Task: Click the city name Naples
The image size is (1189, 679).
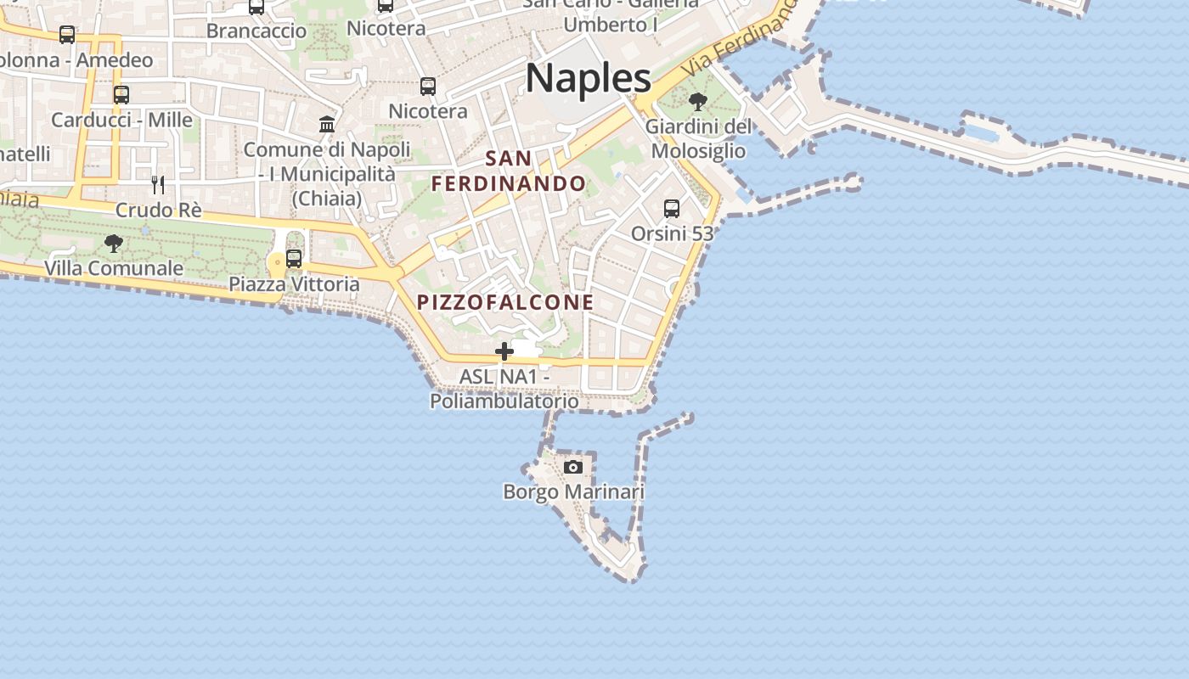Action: pyautogui.click(x=588, y=78)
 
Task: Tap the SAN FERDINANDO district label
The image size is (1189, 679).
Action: pyautogui.click(x=509, y=171)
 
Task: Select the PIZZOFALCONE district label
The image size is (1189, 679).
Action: pyautogui.click(x=505, y=302)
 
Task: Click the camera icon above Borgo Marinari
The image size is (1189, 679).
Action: pyautogui.click(x=573, y=467)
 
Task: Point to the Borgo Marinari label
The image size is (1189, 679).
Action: pyautogui.click(x=573, y=491)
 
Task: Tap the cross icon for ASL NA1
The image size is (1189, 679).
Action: pyautogui.click(x=504, y=351)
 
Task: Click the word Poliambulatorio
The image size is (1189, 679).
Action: pyautogui.click(x=504, y=401)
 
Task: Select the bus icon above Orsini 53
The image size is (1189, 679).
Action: pyautogui.click(x=672, y=208)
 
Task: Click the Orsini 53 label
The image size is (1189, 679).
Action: pyautogui.click(x=672, y=233)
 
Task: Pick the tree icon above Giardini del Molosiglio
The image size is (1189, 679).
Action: pyautogui.click(x=698, y=102)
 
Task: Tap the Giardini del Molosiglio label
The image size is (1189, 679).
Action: pyautogui.click(x=698, y=139)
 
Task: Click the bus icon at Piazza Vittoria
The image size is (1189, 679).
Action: pyautogui.click(x=294, y=259)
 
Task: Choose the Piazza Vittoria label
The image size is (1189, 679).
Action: pyautogui.click(x=294, y=283)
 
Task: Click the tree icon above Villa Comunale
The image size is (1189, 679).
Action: pyautogui.click(x=113, y=244)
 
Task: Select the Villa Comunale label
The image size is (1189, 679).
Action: pyautogui.click(x=113, y=268)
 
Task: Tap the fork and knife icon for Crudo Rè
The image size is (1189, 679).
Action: pyautogui.click(x=158, y=185)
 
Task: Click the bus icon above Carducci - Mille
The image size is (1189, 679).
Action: pyautogui.click(x=121, y=95)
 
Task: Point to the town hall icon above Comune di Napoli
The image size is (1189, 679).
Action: pyautogui.click(x=327, y=125)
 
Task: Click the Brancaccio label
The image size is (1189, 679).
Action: pyautogui.click(x=256, y=31)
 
